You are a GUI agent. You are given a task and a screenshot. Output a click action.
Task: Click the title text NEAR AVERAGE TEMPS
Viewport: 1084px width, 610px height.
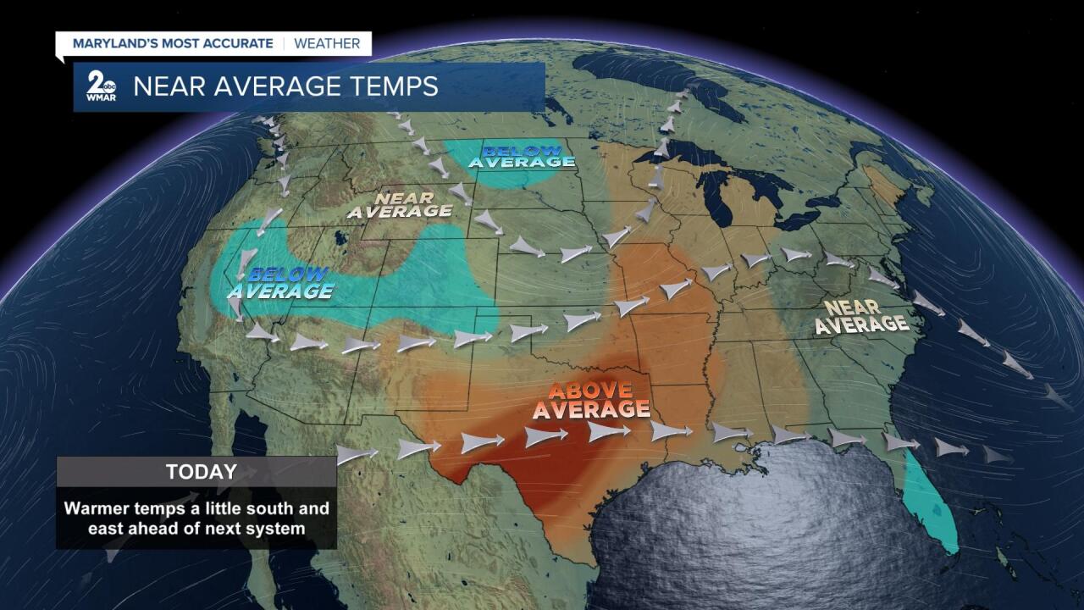tap(285, 86)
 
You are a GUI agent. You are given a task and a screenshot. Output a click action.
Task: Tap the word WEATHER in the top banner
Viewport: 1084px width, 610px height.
tap(327, 43)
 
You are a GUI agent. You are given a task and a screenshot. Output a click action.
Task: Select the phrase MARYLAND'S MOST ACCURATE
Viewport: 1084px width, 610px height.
tap(173, 43)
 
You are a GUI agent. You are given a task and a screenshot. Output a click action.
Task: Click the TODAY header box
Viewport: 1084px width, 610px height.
tap(196, 472)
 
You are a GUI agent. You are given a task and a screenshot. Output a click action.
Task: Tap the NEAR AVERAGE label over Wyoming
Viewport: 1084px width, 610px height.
tap(399, 204)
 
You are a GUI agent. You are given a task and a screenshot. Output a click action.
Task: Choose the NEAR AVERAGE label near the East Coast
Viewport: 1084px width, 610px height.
tap(860, 316)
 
